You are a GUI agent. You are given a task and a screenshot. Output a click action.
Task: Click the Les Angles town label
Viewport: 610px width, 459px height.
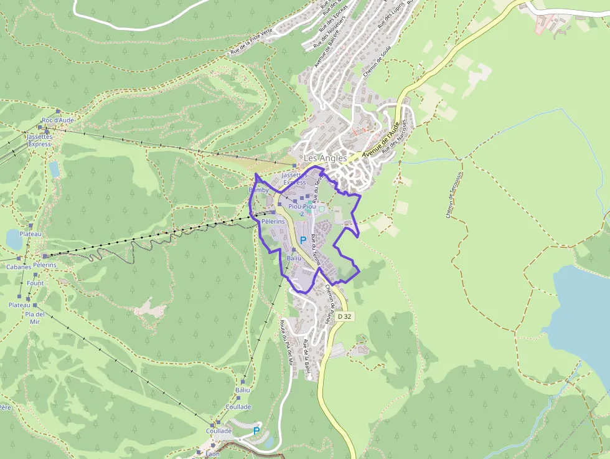tap(325, 159)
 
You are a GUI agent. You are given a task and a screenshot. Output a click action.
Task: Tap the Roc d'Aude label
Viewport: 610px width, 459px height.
tap(58, 120)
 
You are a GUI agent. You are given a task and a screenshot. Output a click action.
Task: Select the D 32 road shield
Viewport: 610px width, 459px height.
tap(344, 317)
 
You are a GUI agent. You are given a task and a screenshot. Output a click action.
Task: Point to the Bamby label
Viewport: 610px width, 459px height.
tap(258, 190)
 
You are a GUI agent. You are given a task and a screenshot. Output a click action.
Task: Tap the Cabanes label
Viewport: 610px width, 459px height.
tap(19, 267)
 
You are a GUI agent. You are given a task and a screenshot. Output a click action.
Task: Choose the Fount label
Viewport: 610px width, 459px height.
tap(35, 283)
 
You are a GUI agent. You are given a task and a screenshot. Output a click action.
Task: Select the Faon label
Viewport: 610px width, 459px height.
tap(212, 454)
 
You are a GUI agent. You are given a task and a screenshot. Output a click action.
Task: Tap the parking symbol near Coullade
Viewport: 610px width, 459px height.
tap(256, 430)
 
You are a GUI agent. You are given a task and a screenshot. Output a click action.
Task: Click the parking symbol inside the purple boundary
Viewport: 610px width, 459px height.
tap(303, 240)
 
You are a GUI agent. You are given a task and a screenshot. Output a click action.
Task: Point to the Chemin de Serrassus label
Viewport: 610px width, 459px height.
tap(453, 195)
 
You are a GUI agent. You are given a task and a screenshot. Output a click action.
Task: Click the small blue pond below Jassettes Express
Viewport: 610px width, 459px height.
tap(54, 168)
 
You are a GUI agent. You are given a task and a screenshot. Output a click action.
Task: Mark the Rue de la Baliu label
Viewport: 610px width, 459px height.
tap(307, 358)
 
